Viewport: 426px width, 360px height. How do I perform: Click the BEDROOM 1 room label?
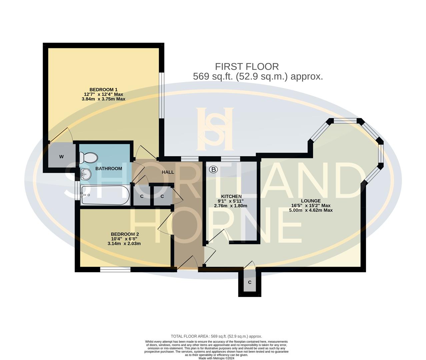pos(103,89)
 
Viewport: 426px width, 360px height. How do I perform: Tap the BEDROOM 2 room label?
pos(124,234)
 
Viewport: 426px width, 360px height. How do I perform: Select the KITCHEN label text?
pos(231,196)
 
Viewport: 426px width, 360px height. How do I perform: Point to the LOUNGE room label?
pos(311,201)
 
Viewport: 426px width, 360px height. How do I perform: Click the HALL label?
pos(168,172)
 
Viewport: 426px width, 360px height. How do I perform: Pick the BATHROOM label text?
pos(109,169)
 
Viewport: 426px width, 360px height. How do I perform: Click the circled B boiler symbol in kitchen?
pos(213,170)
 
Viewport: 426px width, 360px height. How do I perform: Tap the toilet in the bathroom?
pos(89,157)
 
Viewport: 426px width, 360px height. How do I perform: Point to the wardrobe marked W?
pos(61,156)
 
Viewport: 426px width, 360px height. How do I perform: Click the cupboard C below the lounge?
pos(249,283)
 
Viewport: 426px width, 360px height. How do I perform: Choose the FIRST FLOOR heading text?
pos(247,66)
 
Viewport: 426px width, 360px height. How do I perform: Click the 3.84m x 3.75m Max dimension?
pos(103,99)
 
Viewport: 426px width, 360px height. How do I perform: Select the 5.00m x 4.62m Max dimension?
pos(311,210)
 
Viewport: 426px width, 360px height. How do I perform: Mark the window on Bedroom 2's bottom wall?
pos(115,269)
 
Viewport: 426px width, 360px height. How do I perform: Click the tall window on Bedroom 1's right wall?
pos(162,95)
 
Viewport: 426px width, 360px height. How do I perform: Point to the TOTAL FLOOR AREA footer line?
pos(216,336)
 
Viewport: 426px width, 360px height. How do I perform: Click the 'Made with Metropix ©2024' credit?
pos(216,358)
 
